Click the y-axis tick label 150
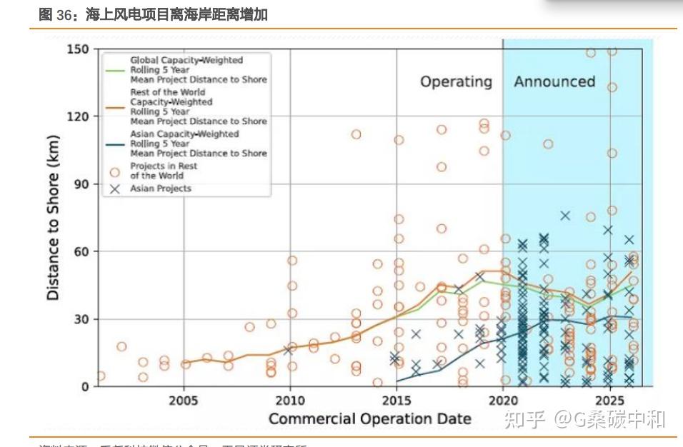78,49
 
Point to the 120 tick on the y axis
78,116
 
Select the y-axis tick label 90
81,184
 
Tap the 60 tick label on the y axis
81,251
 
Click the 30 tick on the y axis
81,319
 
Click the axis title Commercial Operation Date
369,418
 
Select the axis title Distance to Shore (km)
54,218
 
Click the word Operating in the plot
456,82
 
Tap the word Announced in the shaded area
554,81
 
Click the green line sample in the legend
114,70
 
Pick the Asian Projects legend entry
160,189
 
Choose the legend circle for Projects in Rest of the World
114,171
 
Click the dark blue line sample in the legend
114,144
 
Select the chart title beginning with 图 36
154,14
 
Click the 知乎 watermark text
525,420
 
